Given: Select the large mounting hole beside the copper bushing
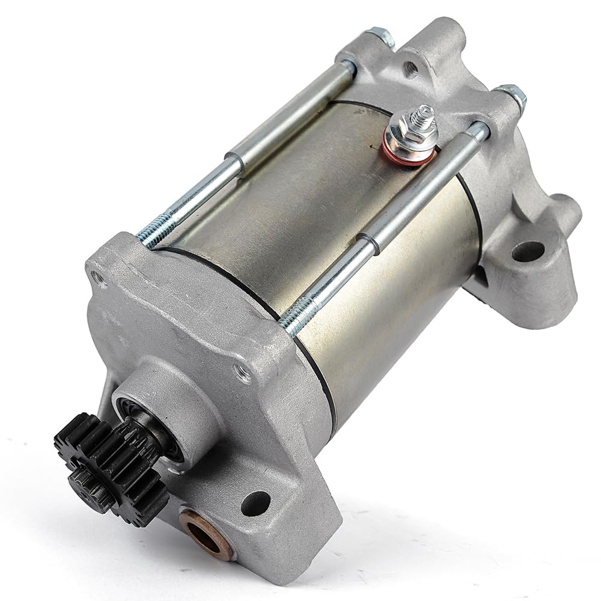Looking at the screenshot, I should pos(255,502).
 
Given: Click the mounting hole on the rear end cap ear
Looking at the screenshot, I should pos(527,251).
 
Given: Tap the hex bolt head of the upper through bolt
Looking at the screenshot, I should pos(380,37).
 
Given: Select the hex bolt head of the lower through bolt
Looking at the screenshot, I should pos(511,95).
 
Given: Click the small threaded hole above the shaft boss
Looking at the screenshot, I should pos(243,374).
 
